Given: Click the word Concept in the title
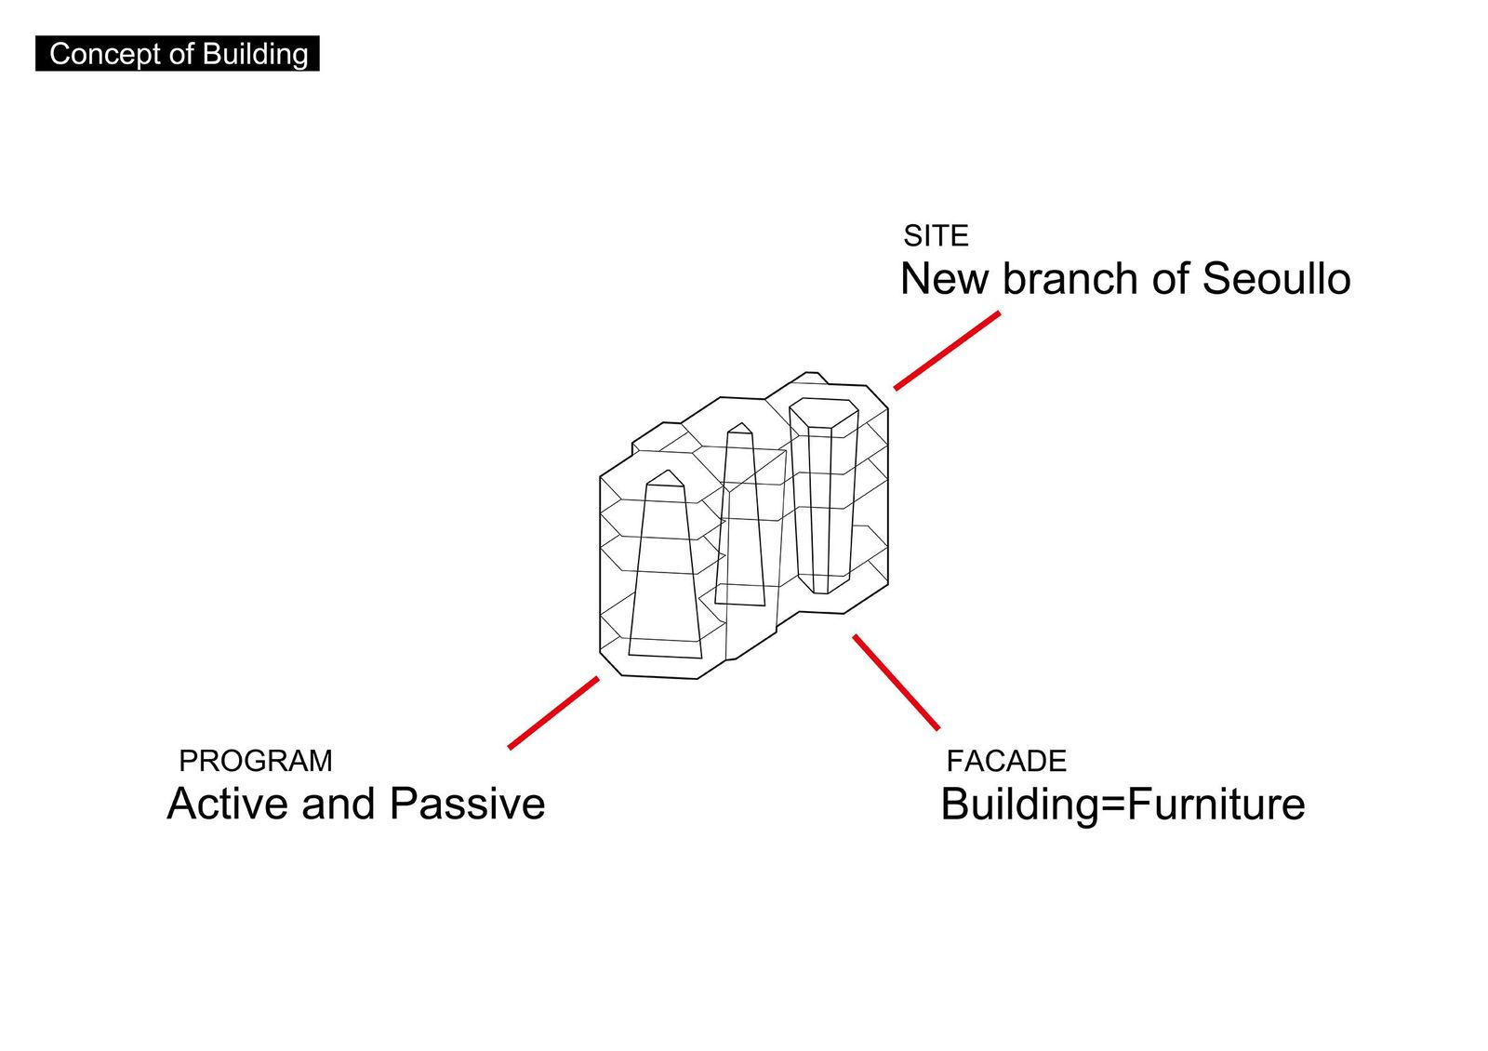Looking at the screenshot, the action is point(106,54).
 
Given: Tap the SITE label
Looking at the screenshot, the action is point(936,236).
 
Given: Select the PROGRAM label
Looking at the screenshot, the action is point(256,762).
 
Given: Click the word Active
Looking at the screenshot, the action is point(228,804).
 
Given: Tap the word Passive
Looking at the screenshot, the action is point(467,804).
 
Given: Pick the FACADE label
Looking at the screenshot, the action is point(1005,762).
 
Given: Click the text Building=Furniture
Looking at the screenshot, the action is point(1123,805).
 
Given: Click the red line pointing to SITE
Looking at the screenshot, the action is point(947,351).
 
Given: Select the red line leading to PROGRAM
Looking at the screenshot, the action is point(553,712).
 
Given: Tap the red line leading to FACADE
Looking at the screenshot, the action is point(897,683).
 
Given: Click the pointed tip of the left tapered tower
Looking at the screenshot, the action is point(669,471).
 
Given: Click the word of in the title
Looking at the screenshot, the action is point(181,54).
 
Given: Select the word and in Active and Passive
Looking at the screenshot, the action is point(339,804).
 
